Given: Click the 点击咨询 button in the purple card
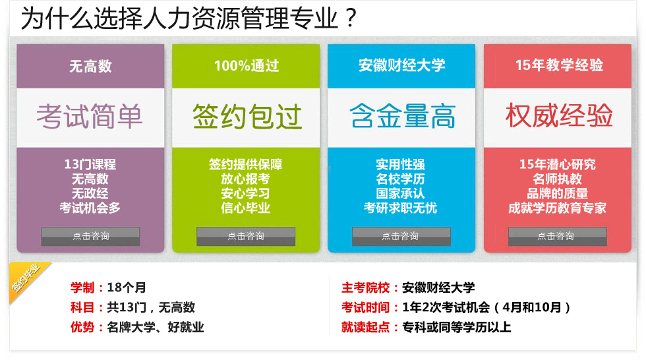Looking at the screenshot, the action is point(90,237).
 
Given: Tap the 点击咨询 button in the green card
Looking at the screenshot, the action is point(245,237).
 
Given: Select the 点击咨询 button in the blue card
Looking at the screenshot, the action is point(401,237).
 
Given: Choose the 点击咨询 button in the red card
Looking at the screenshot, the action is point(557,237).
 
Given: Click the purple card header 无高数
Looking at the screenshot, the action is point(90,67).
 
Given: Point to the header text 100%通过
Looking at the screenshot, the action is point(247,66).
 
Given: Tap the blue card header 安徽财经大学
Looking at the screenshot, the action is point(401,65).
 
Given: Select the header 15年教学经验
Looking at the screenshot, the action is point(559,65).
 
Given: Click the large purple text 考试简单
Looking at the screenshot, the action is point(90,116).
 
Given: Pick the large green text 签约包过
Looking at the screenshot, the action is point(247,117).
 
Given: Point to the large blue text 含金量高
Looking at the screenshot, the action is point(403,116).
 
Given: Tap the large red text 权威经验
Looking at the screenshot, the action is point(559,115).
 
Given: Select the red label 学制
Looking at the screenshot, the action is point(82,287).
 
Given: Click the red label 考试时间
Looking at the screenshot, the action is point(365,307).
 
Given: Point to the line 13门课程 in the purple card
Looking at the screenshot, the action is point(90,164).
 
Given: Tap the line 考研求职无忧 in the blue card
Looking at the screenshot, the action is point(401,208).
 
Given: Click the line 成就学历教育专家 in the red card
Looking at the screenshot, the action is point(557,208).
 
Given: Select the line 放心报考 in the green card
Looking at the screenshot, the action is point(245,179).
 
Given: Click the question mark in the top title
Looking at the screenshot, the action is point(351,18).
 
